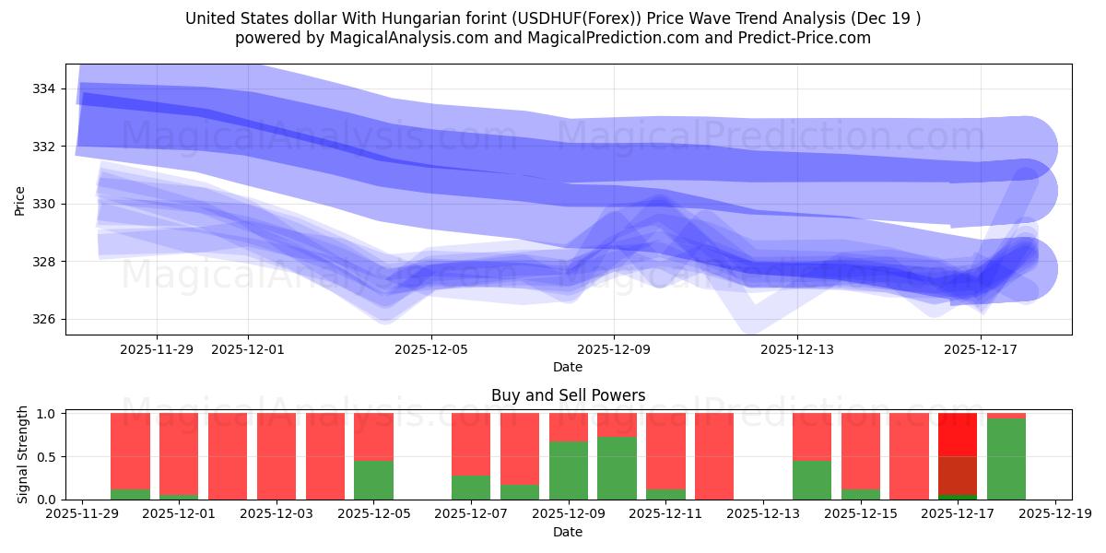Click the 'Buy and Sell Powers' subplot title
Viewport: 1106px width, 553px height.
click(x=568, y=395)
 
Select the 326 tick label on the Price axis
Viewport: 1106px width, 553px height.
click(x=43, y=320)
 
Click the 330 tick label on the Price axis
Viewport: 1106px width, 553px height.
click(x=43, y=204)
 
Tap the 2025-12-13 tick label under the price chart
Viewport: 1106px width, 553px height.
click(x=797, y=349)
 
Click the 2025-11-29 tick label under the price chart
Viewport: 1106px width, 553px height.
click(x=156, y=349)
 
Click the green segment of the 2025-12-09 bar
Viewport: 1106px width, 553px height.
click(x=569, y=470)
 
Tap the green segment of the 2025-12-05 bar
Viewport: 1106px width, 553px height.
click(x=373, y=479)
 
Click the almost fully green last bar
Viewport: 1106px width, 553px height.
click(x=1006, y=459)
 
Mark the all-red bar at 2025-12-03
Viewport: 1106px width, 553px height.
click(x=276, y=456)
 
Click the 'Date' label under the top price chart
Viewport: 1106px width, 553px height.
click(x=568, y=367)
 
